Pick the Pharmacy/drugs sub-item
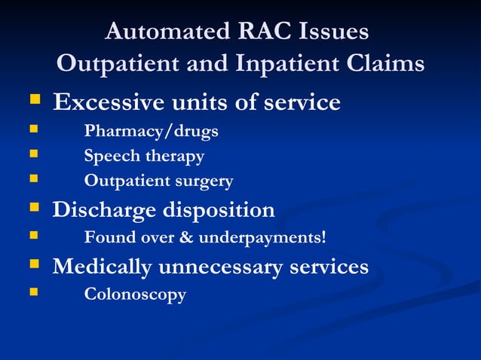[x=151, y=131]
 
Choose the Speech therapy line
[x=144, y=157]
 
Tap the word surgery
[x=205, y=182]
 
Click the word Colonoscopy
[x=135, y=294]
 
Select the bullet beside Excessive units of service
[x=33, y=100]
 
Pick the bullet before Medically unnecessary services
[x=33, y=264]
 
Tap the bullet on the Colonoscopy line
[x=32, y=292]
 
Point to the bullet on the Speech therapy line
[x=32, y=155]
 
